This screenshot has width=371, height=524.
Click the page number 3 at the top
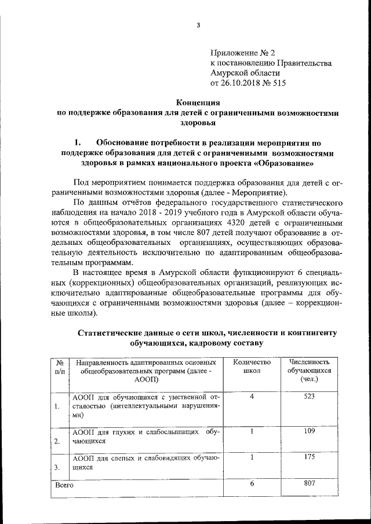tap(198, 25)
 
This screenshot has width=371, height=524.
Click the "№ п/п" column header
tap(60, 366)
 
